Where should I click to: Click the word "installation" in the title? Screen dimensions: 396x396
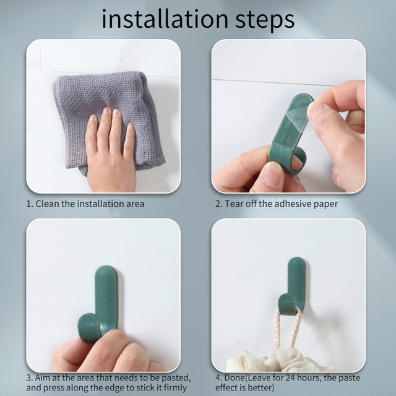[x=165, y=19]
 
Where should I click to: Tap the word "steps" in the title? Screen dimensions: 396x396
[x=265, y=20]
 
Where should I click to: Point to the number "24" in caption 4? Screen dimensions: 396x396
[x=290, y=378]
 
